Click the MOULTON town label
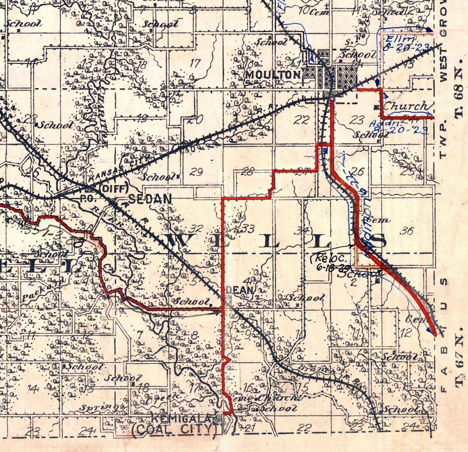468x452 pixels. coord(273,75)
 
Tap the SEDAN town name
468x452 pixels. coord(150,199)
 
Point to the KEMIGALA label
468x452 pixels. coord(181,418)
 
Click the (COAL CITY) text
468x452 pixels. coord(175,429)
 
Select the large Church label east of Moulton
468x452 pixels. coord(406,106)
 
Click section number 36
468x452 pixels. coord(407,231)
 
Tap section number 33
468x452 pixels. coord(247,229)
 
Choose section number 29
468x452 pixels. coord(196,172)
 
